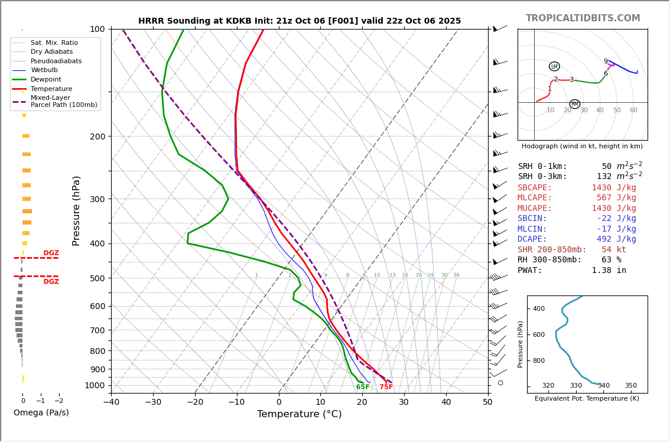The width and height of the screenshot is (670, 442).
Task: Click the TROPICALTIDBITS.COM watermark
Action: [x=583, y=18]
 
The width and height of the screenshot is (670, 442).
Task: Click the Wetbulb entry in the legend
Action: [x=44, y=70]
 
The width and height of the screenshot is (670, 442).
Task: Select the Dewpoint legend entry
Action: [x=46, y=80]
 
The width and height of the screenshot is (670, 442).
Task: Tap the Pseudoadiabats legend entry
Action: [x=56, y=61]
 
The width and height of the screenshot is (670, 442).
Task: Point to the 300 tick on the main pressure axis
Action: [x=97, y=199]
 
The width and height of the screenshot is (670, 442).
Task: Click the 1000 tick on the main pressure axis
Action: [x=95, y=385]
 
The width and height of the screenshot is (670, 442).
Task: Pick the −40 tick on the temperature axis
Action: [x=111, y=402]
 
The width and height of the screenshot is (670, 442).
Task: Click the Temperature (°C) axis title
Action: [x=299, y=414]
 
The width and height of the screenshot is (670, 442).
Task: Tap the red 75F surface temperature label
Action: [x=386, y=387]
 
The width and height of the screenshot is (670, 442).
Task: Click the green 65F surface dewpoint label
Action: [x=363, y=387]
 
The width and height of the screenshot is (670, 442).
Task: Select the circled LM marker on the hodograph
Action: [x=554, y=67]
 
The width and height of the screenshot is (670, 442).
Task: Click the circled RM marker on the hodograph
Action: [x=575, y=104]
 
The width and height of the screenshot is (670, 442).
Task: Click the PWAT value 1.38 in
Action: [x=609, y=271]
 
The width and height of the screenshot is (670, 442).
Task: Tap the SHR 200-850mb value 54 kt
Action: [x=614, y=250]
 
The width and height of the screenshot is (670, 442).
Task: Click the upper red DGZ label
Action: [x=51, y=253]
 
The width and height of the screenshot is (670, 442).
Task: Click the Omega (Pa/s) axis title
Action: [x=41, y=412]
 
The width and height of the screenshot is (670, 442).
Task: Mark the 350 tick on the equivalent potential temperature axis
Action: [x=631, y=386]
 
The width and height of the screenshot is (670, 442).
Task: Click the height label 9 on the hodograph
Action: [x=606, y=61]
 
